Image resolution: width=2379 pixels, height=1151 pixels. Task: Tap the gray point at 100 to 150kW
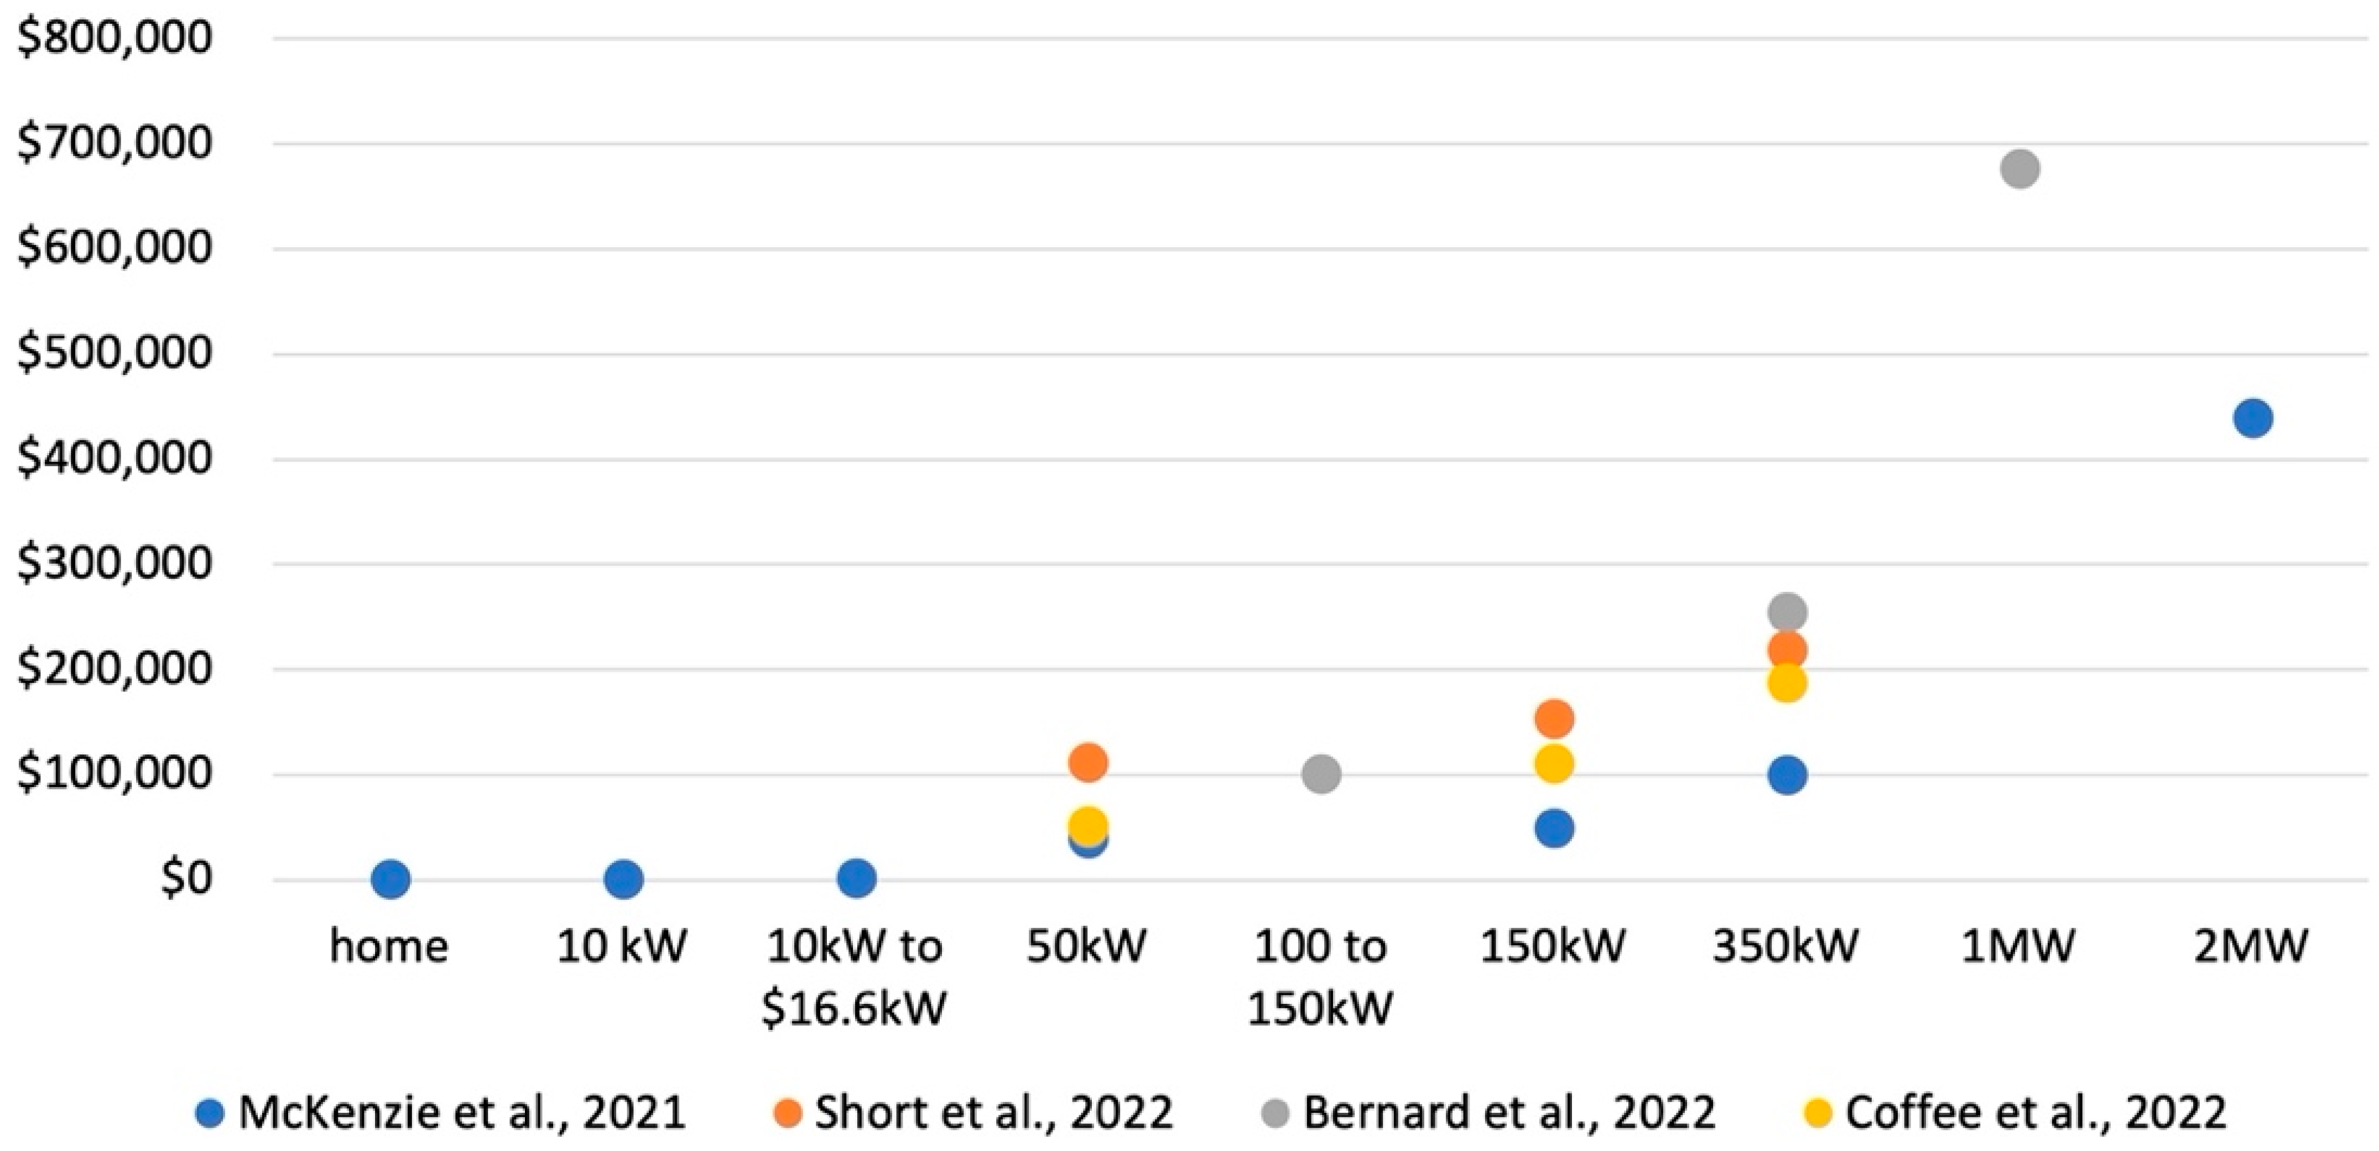click(1321, 774)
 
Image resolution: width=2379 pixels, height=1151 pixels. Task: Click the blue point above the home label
click(390, 879)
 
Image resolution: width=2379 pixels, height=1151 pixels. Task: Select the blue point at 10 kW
click(623, 879)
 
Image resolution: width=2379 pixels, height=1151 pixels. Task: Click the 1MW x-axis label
click(2018, 946)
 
